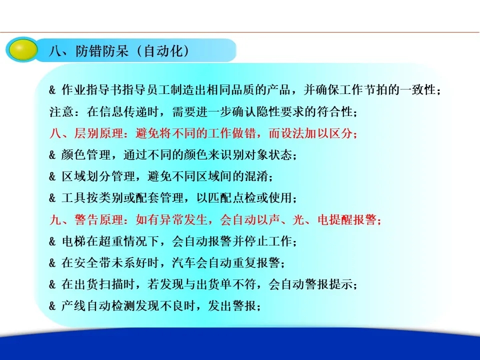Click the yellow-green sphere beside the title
pyautogui.click(x=22, y=49)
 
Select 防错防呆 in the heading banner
pyautogui.click(x=102, y=51)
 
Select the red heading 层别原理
pyautogui.click(x=98, y=133)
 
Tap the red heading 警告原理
pyautogui.click(x=98, y=220)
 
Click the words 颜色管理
pyautogui.click(x=85, y=155)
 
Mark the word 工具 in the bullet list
pyautogui.click(x=73, y=198)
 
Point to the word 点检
pyautogui.click(x=244, y=198)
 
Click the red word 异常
pyautogui.click(x=159, y=220)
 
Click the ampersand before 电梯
pyautogui.click(x=52, y=241)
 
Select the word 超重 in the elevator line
pyautogui.click(x=110, y=241)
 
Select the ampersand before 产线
pyautogui.click(x=52, y=306)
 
